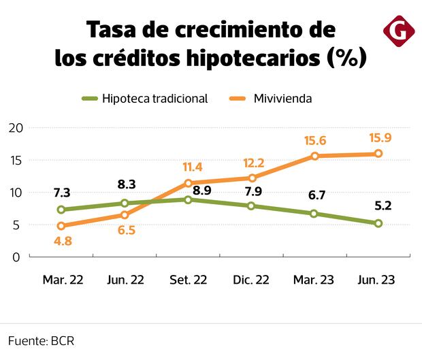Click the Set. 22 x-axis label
189,280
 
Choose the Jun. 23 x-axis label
378,280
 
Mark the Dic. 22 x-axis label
252,280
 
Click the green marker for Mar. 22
61,210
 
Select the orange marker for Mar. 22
61,226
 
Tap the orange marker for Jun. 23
378,154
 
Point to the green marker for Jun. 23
378,223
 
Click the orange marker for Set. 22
189,183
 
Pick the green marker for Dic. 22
252,206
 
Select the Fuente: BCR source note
41,340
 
